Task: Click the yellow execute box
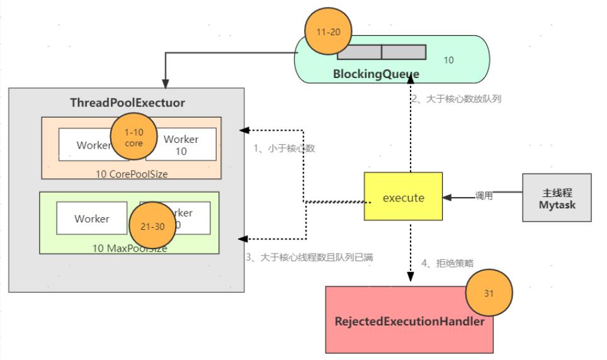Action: (x=404, y=197)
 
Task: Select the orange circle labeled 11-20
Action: (x=326, y=32)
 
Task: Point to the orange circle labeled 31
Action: (x=489, y=293)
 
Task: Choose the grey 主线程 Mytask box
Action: (x=557, y=198)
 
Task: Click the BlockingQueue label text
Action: (x=377, y=74)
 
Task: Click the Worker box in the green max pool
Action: (x=91, y=219)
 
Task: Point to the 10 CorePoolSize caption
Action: (x=132, y=174)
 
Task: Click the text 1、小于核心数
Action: (x=284, y=149)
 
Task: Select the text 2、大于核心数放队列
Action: (x=456, y=99)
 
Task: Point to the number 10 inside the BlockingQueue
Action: (x=448, y=60)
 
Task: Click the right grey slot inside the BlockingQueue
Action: (x=404, y=52)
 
